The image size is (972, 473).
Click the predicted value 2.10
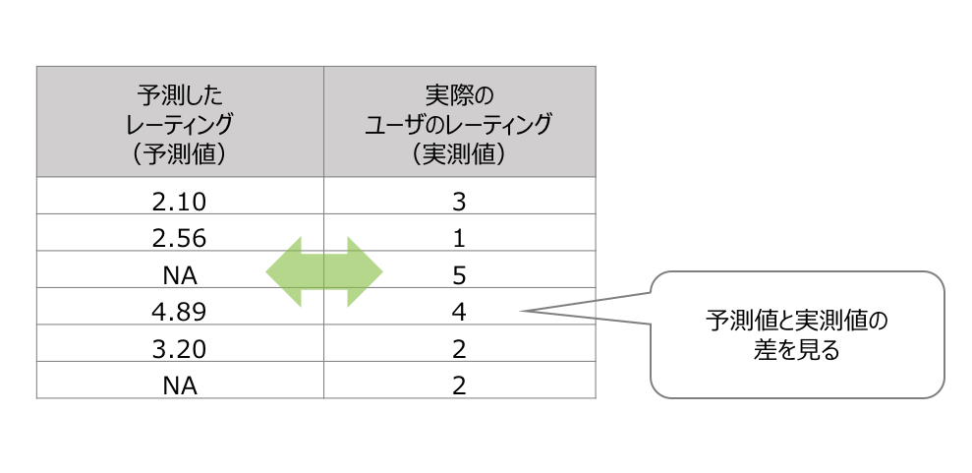click(x=179, y=203)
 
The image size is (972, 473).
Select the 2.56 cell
click(x=179, y=239)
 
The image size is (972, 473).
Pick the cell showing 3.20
click(x=179, y=349)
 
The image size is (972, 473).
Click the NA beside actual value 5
click(x=180, y=276)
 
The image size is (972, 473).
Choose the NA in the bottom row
click(x=180, y=386)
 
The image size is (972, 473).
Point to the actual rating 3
click(x=459, y=203)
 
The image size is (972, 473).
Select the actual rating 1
click(x=459, y=239)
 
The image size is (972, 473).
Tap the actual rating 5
click(x=459, y=276)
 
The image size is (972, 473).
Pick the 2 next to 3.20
click(x=459, y=349)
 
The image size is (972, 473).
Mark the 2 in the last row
click(x=459, y=386)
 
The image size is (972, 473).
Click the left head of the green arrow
click(x=267, y=271)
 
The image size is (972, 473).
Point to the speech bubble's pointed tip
click(x=520, y=310)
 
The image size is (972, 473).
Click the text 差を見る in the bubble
click(x=797, y=351)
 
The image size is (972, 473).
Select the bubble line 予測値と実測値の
click(x=797, y=322)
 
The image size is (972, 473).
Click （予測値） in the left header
click(x=180, y=153)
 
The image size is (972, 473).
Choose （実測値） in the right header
click(x=459, y=153)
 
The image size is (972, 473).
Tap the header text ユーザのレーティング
click(x=459, y=124)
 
